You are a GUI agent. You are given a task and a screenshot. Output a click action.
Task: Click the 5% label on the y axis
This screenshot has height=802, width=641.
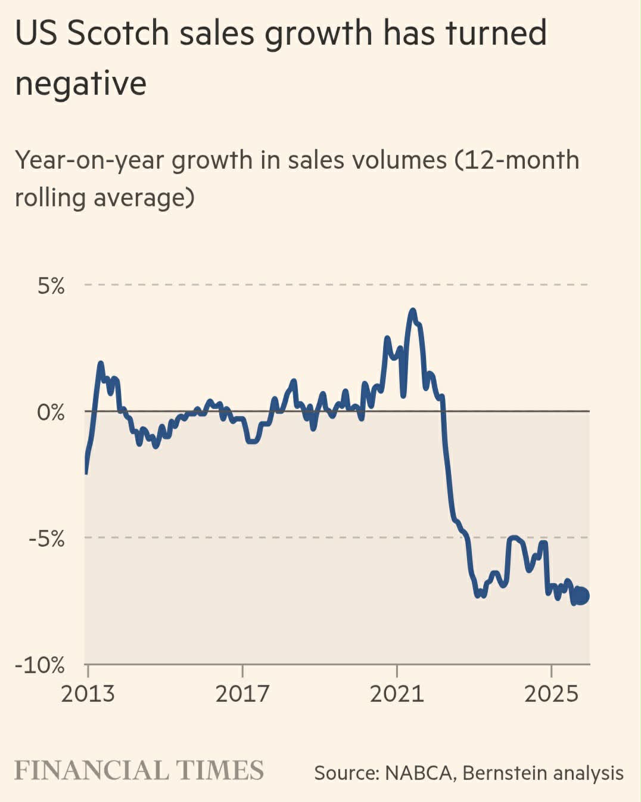tap(51, 286)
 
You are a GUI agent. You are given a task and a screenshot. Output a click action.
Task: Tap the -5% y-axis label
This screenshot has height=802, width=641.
tap(46, 538)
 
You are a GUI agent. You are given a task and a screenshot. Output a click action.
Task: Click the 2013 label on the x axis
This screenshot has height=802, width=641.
tap(88, 693)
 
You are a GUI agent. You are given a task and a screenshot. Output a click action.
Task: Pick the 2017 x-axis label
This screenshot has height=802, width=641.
tap(242, 693)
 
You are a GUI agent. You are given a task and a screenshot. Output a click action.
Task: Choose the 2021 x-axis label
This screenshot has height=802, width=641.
tap(396, 693)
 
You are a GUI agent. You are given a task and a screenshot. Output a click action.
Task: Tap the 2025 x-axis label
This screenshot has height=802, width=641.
tap(551, 693)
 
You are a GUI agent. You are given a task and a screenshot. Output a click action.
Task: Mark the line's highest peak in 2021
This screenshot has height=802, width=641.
tap(412, 311)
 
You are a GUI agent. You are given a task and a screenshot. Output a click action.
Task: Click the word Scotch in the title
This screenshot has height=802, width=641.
tap(118, 33)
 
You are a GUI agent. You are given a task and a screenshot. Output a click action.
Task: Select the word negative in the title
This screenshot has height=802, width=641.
tap(80, 83)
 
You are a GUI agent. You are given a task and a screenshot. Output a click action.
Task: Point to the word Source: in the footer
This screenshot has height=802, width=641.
tap(346, 773)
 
